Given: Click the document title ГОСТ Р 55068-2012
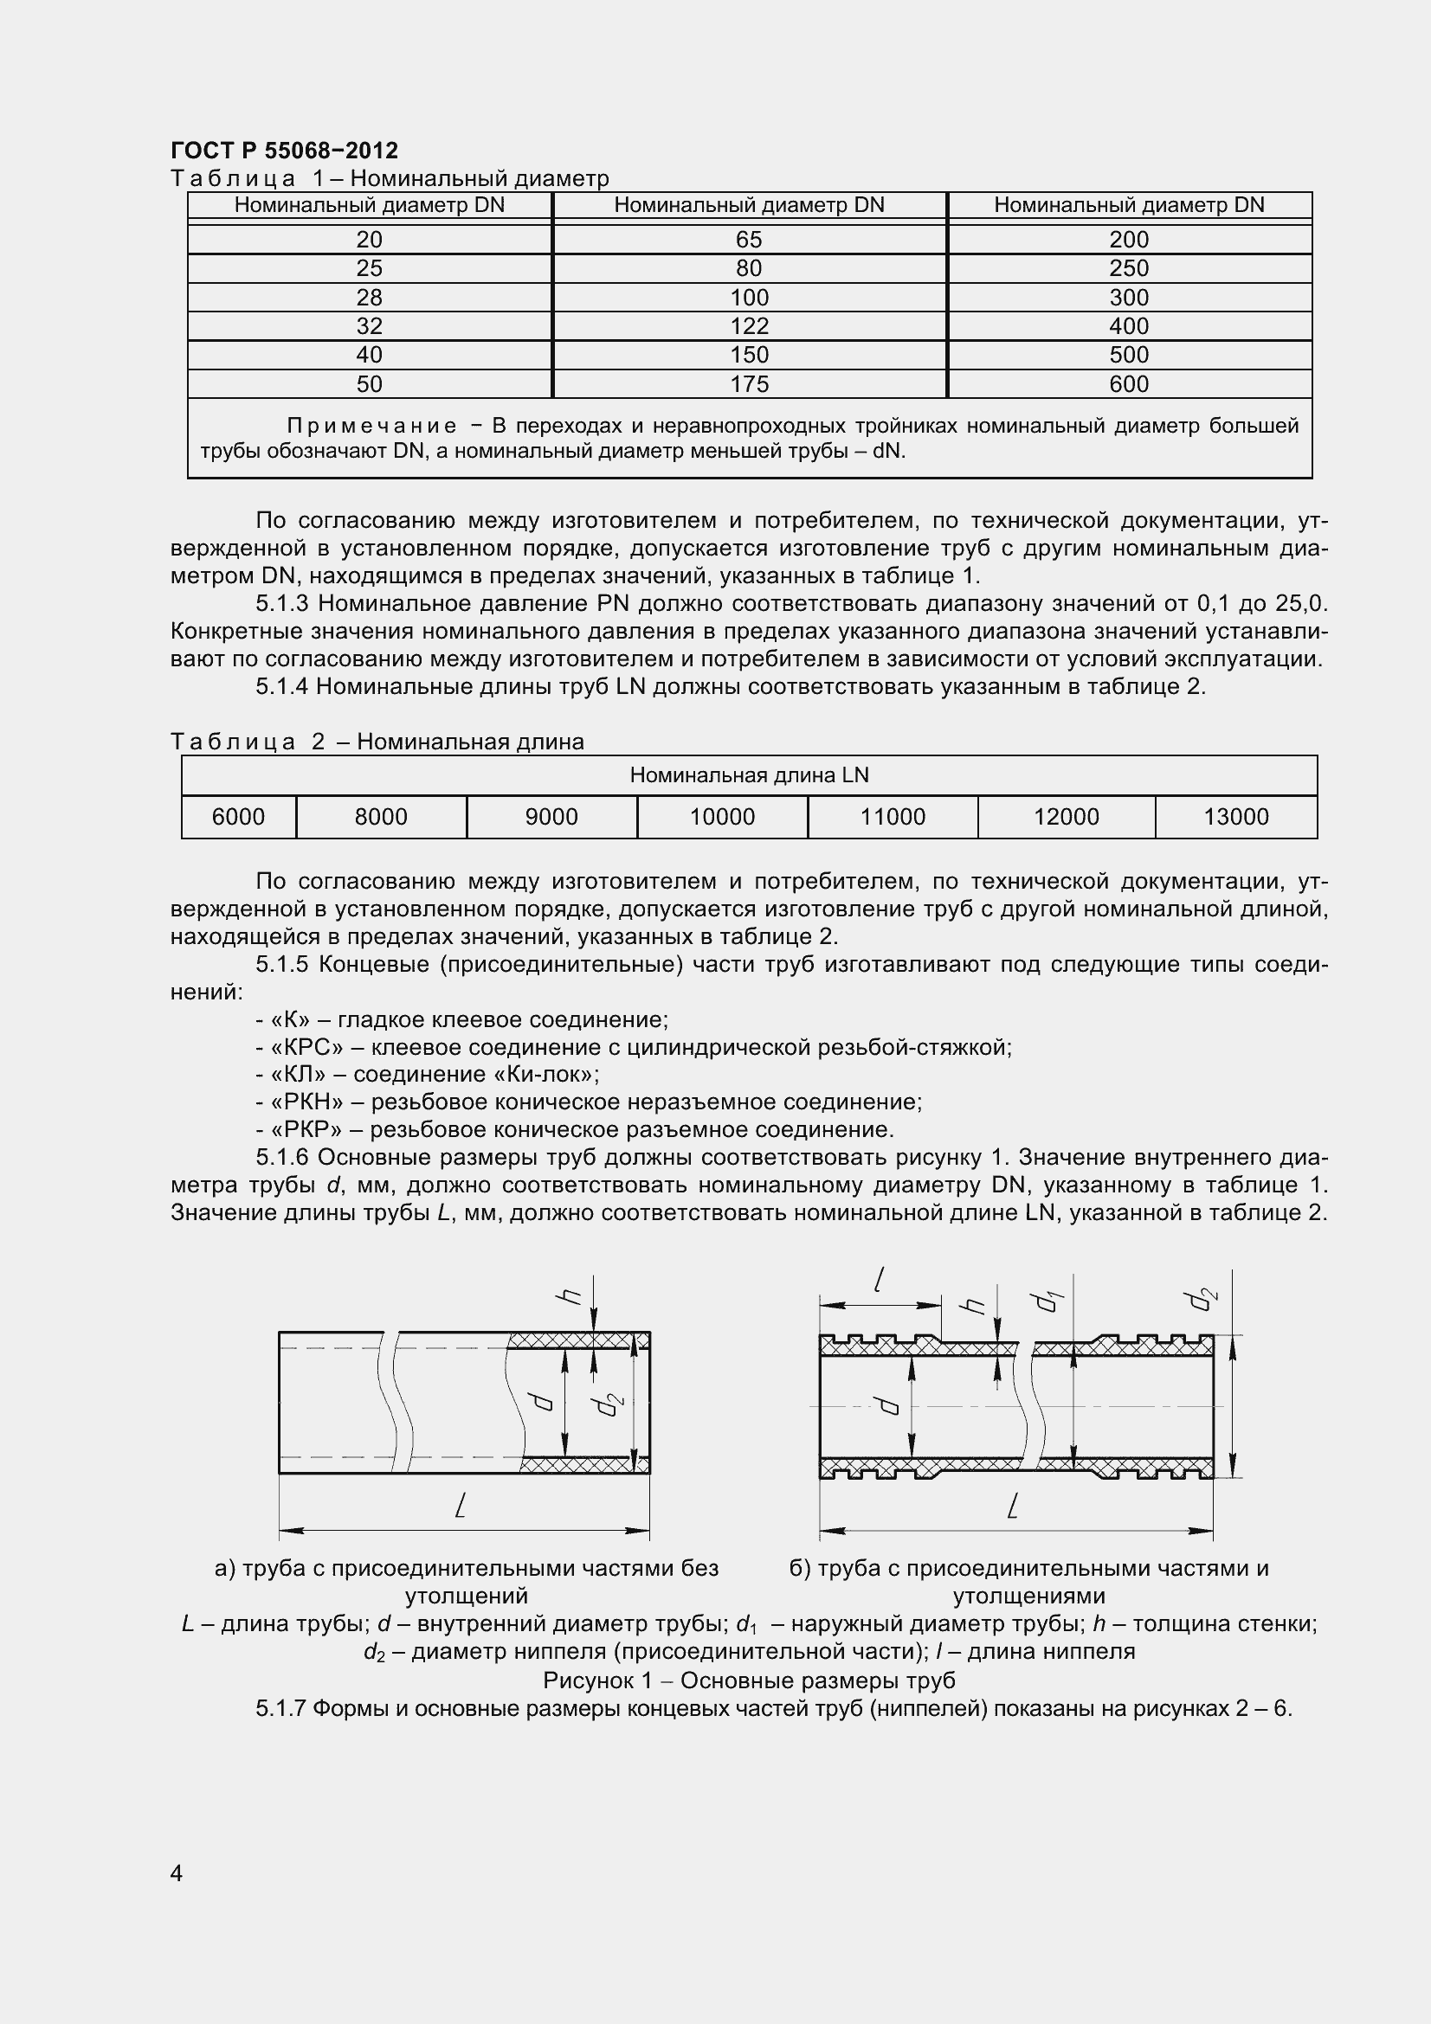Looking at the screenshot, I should [x=284, y=150].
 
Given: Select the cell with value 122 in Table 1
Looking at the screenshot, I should [x=749, y=326].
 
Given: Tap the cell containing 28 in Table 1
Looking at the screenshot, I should [x=369, y=297].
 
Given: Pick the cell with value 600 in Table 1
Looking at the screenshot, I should [x=1129, y=384].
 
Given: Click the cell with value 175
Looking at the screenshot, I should [x=749, y=384].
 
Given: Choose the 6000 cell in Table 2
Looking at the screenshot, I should [x=238, y=817].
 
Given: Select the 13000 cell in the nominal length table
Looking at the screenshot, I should [x=1235, y=817].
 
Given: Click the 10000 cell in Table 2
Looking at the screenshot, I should [x=721, y=817].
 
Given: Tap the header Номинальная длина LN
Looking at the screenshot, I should [x=749, y=775].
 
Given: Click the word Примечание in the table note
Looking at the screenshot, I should [x=371, y=427].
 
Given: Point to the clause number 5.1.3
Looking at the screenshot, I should [x=283, y=604].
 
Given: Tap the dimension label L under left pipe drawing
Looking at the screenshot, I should [x=461, y=1507].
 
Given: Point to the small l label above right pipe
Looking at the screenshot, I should [x=878, y=1279].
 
